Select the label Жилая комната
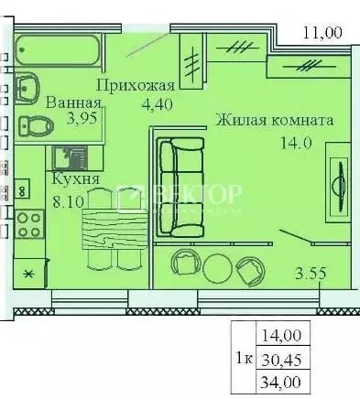(x=275, y=119)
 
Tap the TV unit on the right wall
(x=340, y=174)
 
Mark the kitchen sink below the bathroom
(x=66, y=156)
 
